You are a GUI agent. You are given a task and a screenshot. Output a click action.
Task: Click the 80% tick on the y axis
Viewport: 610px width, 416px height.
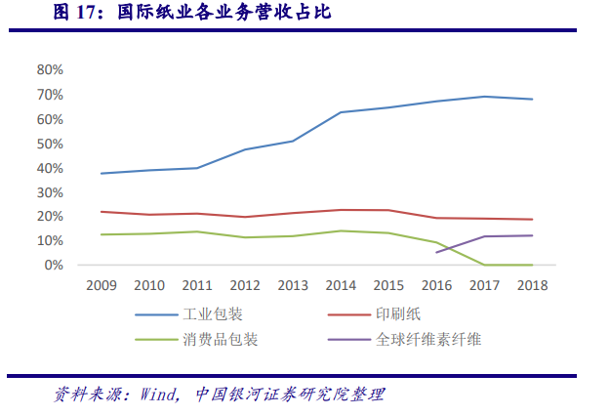50,70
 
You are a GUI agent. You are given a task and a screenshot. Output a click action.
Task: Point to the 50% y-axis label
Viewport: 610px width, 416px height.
50,144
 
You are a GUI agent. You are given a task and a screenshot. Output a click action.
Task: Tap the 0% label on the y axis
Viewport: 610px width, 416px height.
54,265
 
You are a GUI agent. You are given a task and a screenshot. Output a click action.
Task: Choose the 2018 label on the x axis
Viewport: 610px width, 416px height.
531,285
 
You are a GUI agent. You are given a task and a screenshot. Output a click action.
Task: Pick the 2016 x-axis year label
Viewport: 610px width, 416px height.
435,285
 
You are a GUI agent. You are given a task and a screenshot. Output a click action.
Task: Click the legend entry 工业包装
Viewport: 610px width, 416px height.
214,314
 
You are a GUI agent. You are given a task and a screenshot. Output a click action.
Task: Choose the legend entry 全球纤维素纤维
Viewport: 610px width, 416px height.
428,340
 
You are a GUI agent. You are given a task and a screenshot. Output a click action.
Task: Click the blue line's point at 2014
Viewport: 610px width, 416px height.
340,112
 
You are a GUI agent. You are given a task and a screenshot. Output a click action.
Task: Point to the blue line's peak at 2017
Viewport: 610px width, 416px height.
483,97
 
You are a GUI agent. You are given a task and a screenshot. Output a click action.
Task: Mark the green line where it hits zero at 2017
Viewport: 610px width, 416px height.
483,265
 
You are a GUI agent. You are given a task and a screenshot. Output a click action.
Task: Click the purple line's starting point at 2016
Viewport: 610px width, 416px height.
435,253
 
